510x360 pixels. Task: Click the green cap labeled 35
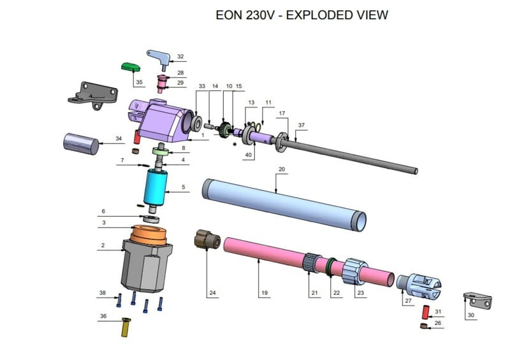131,66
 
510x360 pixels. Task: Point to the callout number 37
302,126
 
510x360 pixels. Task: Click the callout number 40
249,154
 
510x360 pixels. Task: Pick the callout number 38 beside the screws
102,293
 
